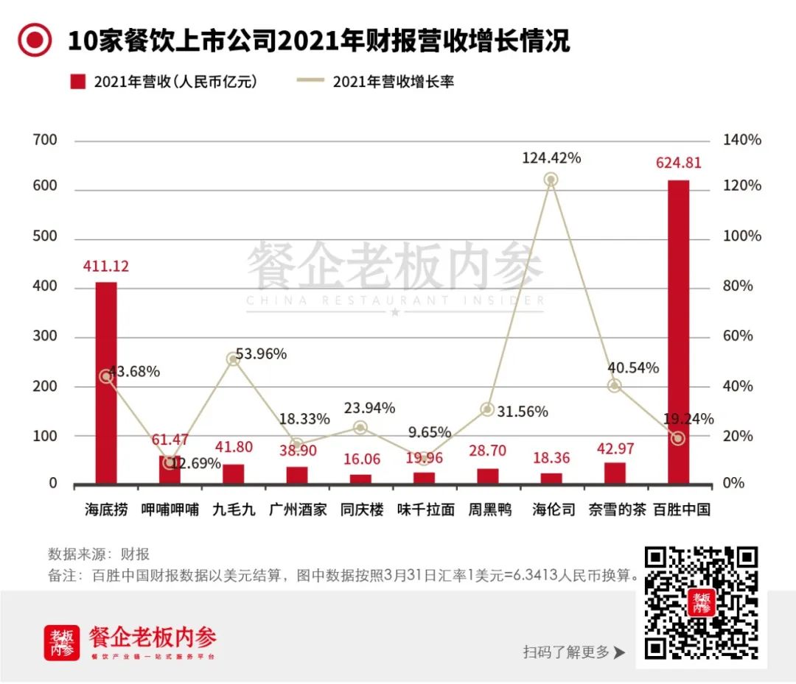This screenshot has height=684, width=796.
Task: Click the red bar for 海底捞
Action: tap(106, 383)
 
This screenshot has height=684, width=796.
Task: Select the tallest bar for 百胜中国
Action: tap(678, 331)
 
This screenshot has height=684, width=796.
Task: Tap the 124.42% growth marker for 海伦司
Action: tap(551, 180)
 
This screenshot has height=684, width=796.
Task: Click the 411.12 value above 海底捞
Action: tap(105, 267)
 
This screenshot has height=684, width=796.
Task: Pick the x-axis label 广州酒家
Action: tap(297, 510)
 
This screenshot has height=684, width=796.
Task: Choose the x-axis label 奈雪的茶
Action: tap(615, 510)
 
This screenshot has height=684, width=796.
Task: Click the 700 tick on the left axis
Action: tap(43, 140)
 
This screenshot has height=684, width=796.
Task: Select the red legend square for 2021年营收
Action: tap(78, 82)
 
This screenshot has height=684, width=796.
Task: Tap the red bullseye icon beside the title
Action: tap(35, 40)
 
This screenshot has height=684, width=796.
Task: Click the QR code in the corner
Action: tap(701, 602)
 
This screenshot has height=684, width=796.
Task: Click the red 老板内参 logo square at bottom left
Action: tap(62, 643)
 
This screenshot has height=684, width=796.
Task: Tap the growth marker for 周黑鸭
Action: tap(487, 409)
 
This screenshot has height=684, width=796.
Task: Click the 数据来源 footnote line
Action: tap(99, 554)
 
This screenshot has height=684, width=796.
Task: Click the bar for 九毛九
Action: tap(234, 475)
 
